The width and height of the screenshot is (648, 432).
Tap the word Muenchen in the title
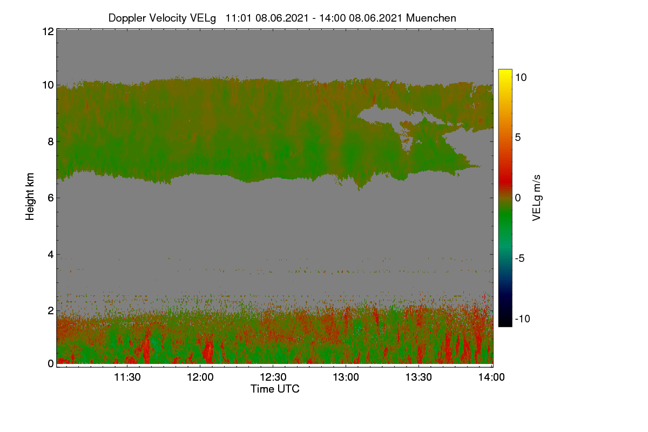[x=431, y=18]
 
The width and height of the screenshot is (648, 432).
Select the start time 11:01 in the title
[x=239, y=18]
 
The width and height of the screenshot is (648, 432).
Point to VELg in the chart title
[x=203, y=18]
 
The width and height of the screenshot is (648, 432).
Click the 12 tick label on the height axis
[x=48, y=31]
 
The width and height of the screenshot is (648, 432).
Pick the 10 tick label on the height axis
[x=48, y=85]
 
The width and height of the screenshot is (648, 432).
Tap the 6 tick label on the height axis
[x=51, y=198]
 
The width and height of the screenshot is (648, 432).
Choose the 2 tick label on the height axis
[x=51, y=310]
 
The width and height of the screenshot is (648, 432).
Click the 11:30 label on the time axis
[x=127, y=377]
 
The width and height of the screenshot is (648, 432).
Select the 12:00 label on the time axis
[x=200, y=377]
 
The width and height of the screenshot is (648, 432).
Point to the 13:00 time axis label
[x=346, y=377]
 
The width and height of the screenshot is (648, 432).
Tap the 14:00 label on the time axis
[x=491, y=377]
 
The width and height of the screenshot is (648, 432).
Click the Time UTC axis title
[x=275, y=389]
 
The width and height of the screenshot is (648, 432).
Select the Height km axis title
[x=30, y=197]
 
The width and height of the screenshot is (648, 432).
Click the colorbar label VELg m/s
[x=536, y=198]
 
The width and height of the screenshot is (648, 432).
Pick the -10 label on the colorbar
[x=523, y=319]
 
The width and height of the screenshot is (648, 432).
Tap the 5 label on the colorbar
[x=518, y=138]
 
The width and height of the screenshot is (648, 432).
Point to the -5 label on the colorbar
[x=519, y=258]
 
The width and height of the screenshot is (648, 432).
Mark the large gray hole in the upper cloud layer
[x=379, y=115]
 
